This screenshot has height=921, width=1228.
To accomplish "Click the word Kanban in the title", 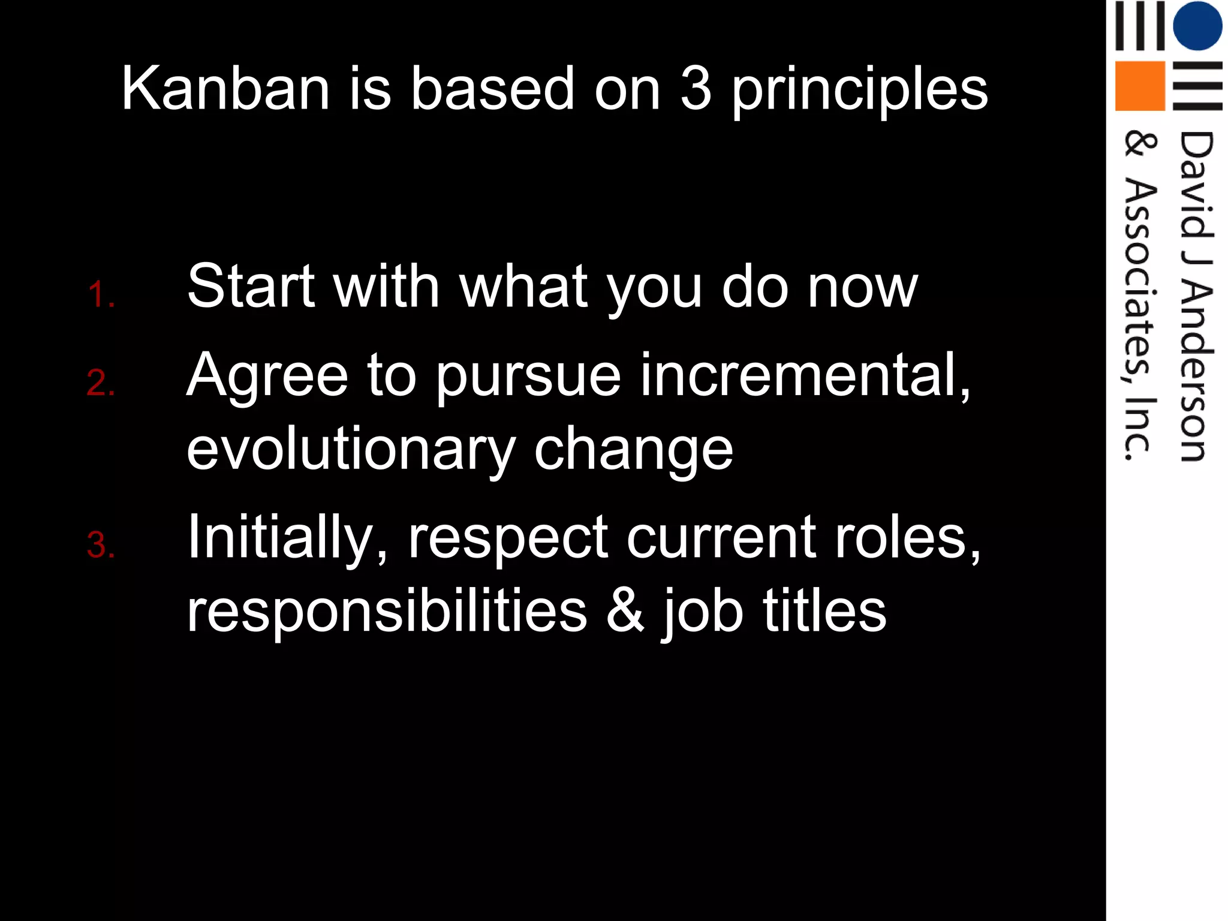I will pyautogui.click(x=225, y=89).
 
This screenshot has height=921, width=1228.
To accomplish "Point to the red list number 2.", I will pyautogui.click(x=101, y=383).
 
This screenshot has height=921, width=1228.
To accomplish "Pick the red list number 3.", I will pyautogui.click(x=101, y=545).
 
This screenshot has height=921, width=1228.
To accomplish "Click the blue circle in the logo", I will pyautogui.click(x=1197, y=25).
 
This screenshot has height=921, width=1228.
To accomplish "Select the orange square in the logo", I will pyautogui.click(x=1139, y=86).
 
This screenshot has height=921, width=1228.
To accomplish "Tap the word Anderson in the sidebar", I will pyautogui.click(x=1196, y=372).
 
